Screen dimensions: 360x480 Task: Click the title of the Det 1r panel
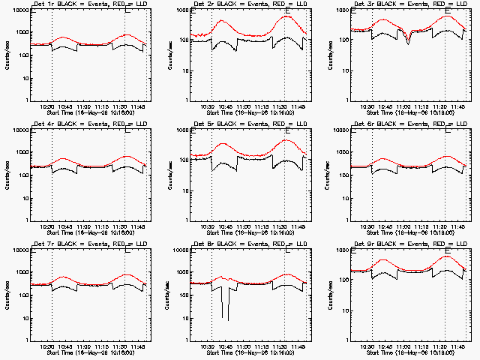coord(88,4)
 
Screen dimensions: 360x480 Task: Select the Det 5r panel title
coord(249,124)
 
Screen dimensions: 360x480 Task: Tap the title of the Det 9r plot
coord(409,244)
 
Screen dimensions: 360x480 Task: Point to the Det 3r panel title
coord(409,4)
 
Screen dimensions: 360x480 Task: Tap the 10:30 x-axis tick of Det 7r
coord(47,346)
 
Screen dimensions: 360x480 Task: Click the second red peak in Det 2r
coord(287,16)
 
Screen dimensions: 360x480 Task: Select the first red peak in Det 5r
coord(223,143)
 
